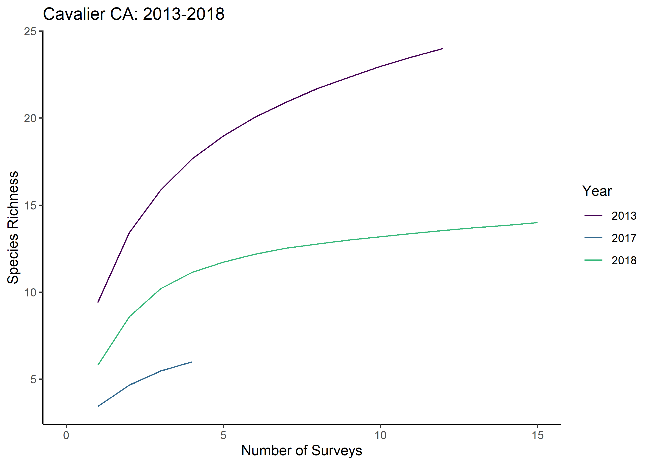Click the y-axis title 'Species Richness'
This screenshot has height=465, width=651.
coord(13,227)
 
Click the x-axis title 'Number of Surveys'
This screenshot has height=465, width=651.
coord(302,450)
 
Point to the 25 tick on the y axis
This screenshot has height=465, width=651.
coord(30,31)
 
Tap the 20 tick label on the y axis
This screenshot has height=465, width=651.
coord(30,118)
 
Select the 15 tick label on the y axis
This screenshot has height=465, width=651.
coord(30,205)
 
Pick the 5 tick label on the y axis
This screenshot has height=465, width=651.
coord(33,379)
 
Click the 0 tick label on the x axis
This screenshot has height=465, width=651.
coord(66,435)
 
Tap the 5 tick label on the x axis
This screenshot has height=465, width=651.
coord(223,435)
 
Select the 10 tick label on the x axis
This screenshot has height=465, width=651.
coord(380,435)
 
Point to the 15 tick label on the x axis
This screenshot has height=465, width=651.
coord(537,435)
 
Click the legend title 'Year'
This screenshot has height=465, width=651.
coord(597,191)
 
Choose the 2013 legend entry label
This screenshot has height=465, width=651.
coord(624,216)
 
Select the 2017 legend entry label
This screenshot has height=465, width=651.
coord(624,238)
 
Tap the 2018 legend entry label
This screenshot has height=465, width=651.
coord(624,260)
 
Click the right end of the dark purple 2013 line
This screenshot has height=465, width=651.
coord(443,49)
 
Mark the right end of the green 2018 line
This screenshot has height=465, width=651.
coord(537,223)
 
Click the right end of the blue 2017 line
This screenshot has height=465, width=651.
coord(192,362)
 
